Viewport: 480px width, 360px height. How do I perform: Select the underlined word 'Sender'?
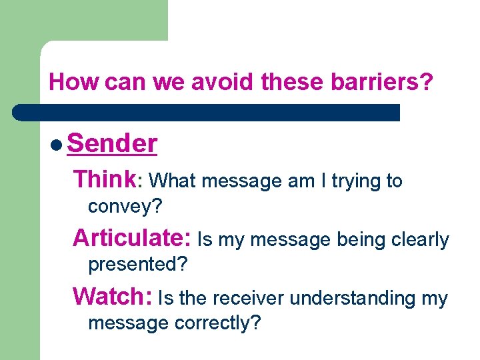(x=112, y=143)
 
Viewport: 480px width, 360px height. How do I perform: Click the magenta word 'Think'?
(x=105, y=179)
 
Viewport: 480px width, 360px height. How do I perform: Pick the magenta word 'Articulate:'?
(x=132, y=238)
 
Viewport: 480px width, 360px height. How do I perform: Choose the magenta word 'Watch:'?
(x=113, y=296)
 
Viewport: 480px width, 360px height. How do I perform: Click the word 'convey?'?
(x=125, y=207)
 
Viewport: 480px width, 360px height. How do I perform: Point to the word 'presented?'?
(x=138, y=265)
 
